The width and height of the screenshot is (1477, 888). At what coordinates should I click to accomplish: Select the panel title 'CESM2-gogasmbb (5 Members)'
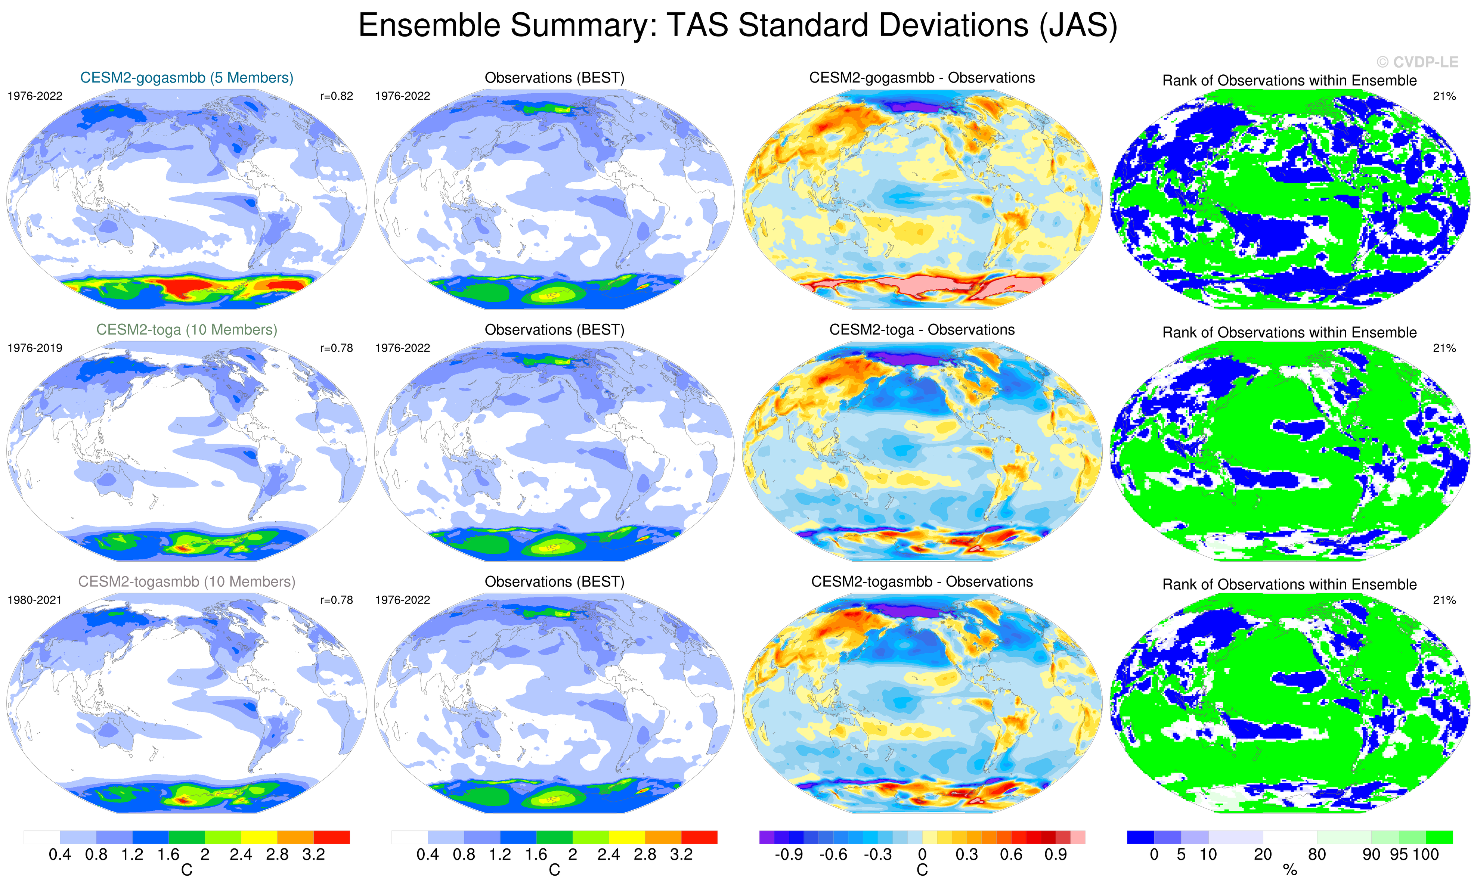(x=187, y=78)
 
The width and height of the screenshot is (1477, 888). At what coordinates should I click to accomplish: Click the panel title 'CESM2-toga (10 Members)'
(x=187, y=330)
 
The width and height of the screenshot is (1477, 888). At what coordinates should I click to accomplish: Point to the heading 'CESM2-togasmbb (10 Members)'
(x=187, y=582)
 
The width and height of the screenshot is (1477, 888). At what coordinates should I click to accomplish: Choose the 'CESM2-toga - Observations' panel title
(x=922, y=330)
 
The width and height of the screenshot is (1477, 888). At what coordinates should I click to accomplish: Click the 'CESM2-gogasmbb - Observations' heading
(x=922, y=78)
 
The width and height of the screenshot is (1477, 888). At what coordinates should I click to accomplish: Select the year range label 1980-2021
(x=35, y=600)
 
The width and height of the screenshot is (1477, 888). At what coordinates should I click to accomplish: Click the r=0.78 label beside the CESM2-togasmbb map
(x=336, y=600)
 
